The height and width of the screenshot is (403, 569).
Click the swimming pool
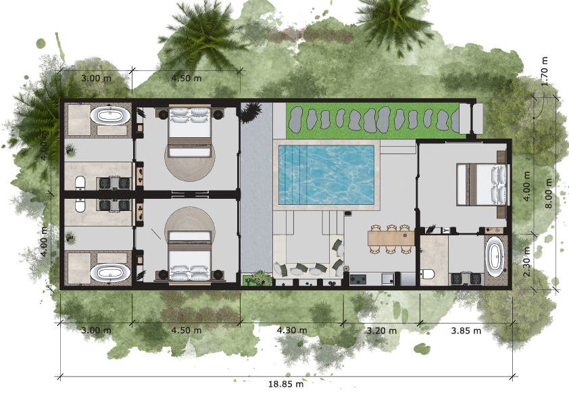326,174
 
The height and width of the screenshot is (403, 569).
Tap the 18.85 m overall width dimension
286,384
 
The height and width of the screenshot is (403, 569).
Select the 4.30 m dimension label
292,331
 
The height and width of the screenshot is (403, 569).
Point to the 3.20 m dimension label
381,331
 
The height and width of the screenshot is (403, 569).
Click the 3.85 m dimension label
466,331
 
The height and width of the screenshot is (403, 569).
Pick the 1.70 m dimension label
544,72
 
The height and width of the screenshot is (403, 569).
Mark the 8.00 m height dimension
548,193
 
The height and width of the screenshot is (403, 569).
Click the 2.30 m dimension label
527,262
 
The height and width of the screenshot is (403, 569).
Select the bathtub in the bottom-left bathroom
110,272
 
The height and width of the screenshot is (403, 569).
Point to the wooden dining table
391,239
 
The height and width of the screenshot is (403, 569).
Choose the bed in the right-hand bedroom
481,185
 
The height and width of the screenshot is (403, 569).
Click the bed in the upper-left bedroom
189,131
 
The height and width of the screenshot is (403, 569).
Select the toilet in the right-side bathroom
428,274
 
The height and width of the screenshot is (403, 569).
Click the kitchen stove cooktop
357,279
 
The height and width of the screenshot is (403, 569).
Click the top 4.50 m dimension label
187,78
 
